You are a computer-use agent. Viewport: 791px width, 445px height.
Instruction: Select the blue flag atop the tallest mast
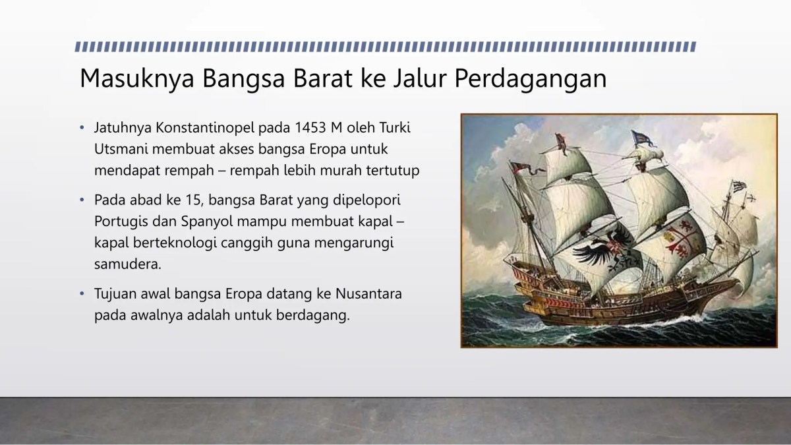(639, 138)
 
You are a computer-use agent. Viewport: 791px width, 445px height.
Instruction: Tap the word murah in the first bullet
(345, 170)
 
